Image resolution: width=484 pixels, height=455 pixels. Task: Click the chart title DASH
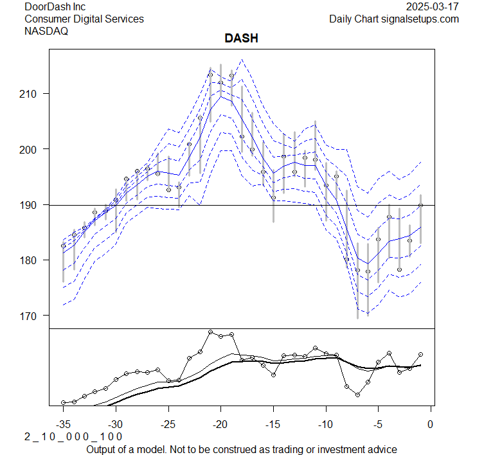241,39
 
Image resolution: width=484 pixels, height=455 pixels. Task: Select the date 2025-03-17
433,7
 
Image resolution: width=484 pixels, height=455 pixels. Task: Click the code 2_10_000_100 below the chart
73,436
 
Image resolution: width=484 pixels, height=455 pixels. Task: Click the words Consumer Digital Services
84,19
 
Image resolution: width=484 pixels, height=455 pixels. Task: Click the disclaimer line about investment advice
241,449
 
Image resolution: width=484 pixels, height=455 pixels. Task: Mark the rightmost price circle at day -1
420,206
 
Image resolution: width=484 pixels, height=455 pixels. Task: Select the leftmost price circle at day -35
63,245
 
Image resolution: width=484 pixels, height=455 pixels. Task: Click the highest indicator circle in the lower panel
210,332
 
